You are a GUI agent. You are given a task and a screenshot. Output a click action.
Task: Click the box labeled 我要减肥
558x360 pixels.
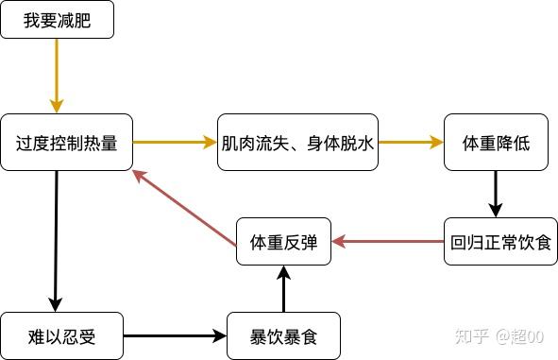pyautogui.click(x=57, y=20)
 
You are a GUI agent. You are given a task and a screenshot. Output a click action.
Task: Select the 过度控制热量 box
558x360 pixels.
pyautogui.click(x=66, y=144)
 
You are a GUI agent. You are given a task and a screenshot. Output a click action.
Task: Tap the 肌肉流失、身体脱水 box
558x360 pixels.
pyautogui.click(x=298, y=144)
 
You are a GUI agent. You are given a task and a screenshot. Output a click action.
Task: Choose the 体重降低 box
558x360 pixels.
pyautogui.click(x=496, y=144)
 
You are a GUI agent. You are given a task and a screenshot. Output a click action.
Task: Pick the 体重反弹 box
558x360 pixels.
pyautogui.click(x=283, y=242)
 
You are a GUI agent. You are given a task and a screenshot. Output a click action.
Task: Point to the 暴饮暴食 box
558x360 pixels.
pyautogui.click(x=282, y=335)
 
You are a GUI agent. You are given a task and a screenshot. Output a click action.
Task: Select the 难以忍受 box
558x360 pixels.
pyautogui.click(x=62, y=335)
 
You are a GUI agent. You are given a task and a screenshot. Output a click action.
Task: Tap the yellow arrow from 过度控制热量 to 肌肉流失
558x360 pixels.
pyautogui.click(x=175, y=143)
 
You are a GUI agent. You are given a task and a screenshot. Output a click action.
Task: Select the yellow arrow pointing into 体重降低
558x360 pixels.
pyautogui.click(x=412, y=143)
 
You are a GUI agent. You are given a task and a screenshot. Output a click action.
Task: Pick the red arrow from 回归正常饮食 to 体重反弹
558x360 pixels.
pyautogui.click(x=387, y=242)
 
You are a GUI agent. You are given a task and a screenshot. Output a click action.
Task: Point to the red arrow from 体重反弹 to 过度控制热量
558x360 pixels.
pyautogui.click(x=183, y=206)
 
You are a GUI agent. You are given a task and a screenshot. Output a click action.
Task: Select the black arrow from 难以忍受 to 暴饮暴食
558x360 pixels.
pyautogui.click(x=175, y=335)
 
